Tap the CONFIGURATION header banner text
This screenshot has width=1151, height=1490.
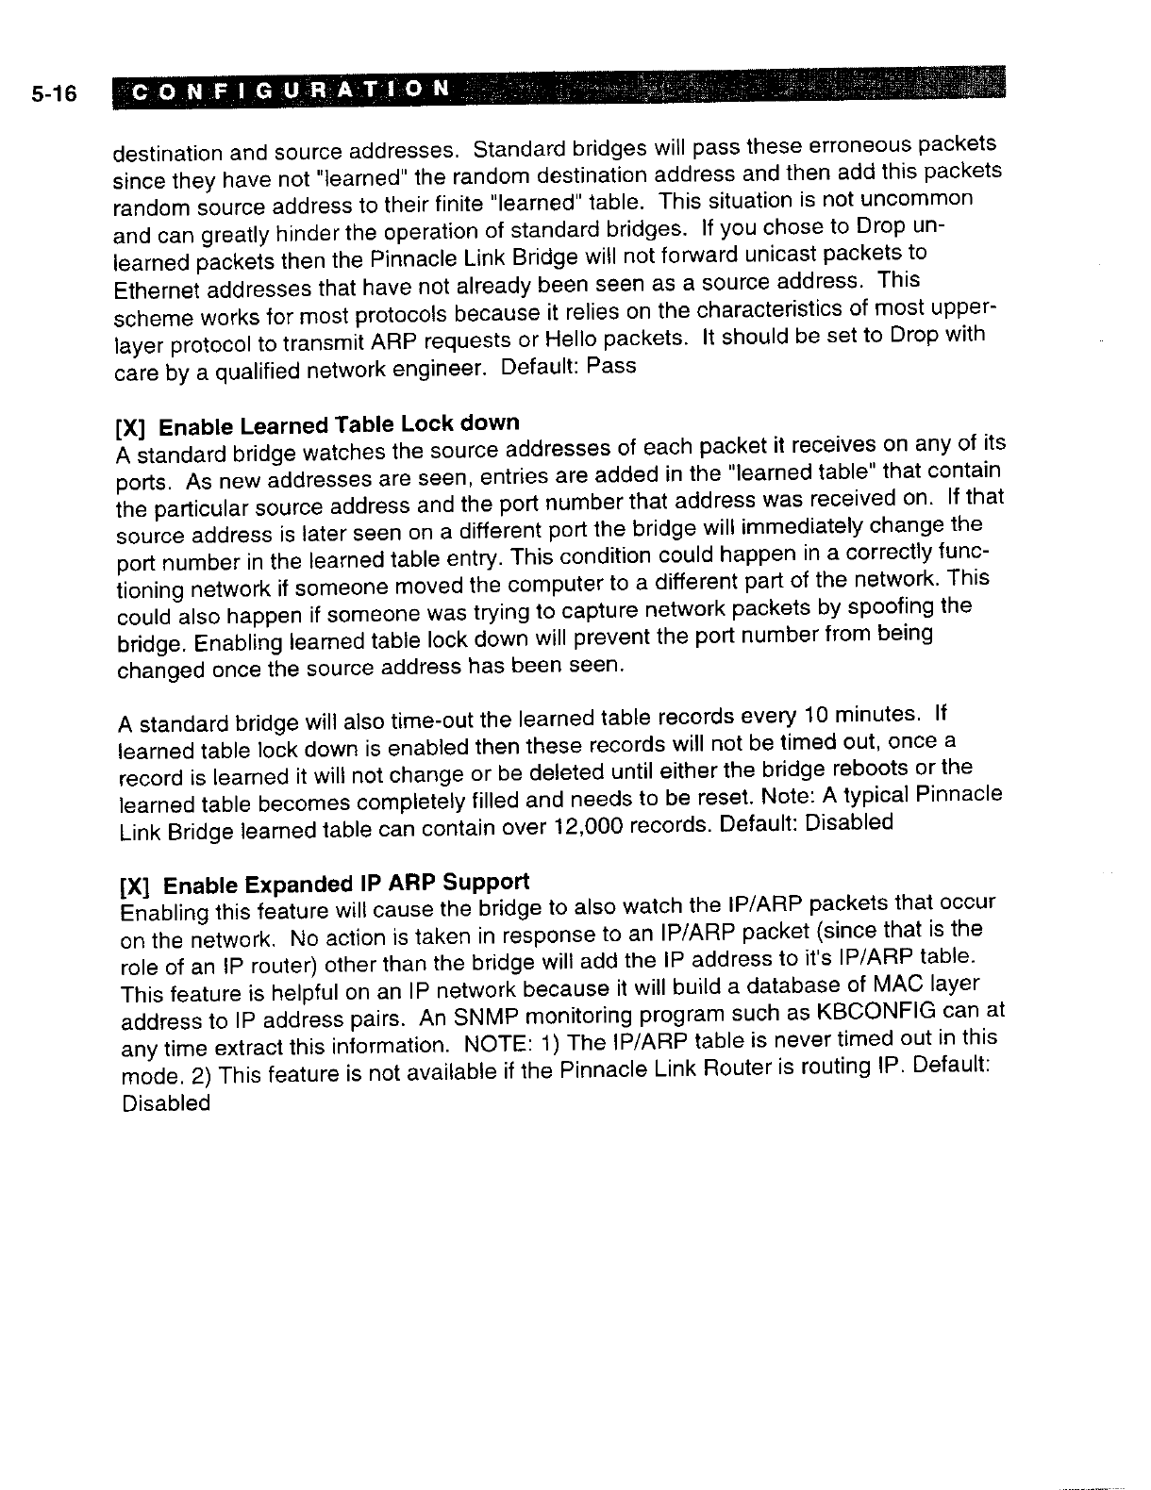[x=290, y=91]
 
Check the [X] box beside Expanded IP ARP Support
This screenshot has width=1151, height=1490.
[x=135, y=888]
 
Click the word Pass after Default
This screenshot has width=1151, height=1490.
[x=611, y=366]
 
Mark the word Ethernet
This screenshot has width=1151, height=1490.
[x=151, y=289]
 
